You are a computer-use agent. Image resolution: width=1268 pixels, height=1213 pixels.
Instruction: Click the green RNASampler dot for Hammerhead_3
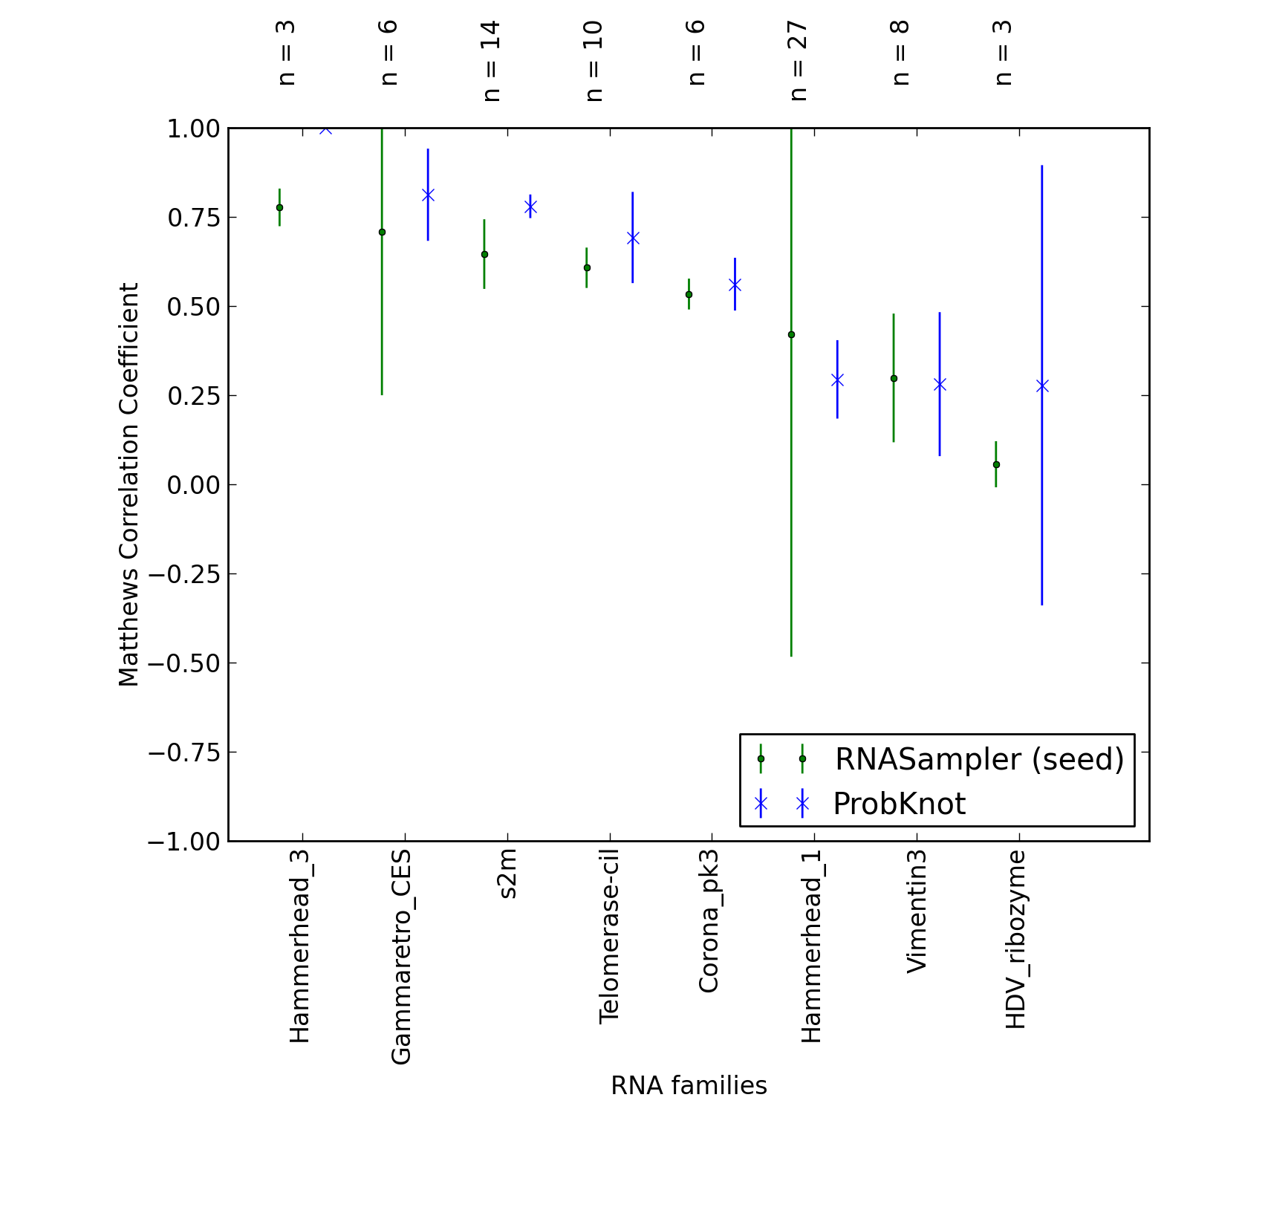pyautogui.click(x=279, y=207)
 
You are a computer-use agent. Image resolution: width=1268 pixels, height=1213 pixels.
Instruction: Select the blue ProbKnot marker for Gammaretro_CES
pyautogui.click(x=428, y=195)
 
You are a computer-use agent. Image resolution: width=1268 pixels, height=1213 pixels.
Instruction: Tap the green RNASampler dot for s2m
pyautogui.click(x=484, y=254)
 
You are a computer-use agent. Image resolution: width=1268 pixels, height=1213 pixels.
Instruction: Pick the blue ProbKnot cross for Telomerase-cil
pyautogui.click(x=633, y=238)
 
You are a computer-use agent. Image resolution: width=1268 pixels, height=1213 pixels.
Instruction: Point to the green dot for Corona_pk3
pyautogui.click(x=689, y=294)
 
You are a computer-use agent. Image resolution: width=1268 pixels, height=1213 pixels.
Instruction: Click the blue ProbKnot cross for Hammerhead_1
pyautogui.click(x=837, y=380)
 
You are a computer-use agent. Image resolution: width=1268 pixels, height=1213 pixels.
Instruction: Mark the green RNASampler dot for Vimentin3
pyautogui.click(x=894, y=378)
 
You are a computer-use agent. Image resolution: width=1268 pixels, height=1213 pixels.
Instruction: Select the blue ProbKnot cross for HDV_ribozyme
pyautogui.click(x=1042, y=386)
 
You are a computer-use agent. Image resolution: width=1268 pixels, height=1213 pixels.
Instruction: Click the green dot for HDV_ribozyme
pyautogui.click(x=996, y=464)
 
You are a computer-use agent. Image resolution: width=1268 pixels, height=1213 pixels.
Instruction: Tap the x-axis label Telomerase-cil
pyautogui.click(x=609, y=937)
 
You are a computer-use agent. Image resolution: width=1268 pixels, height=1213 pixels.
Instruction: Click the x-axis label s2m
pyautogui.click(x=507, y=875)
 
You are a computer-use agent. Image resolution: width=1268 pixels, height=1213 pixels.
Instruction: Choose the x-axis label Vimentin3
pyautogui.click(x=917, y=911)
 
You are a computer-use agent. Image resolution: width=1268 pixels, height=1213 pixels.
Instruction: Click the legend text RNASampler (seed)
pyautogui.click(x=979, y=759)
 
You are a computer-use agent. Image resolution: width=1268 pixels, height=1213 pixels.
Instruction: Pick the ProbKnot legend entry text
pyautogui.click(x=899, y=804)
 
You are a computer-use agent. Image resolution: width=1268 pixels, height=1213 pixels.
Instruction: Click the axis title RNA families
pyautogui.click(x=689, y=1085)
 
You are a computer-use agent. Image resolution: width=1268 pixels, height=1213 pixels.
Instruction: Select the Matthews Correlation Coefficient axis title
pyautogui.click(x=129, y=484)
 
